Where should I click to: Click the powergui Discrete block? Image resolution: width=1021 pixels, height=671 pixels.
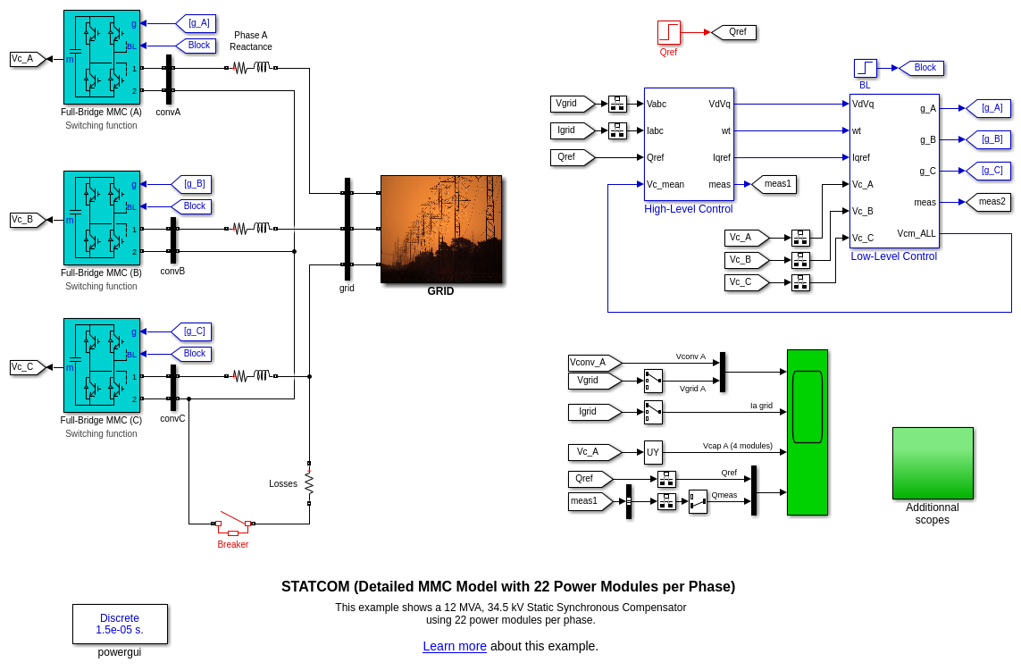tap(120, 624)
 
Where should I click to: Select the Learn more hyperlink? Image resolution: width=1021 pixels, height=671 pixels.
tap(455, 646)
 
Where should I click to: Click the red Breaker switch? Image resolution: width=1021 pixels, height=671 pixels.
tap(233, 524)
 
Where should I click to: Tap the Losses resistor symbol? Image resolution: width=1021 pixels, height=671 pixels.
tap(309, 483)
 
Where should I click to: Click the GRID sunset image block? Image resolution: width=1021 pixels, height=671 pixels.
tap(441, 229)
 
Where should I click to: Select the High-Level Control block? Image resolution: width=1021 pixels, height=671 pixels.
tap(689, 144)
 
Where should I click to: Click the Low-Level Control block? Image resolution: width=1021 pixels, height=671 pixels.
tap(893, 171)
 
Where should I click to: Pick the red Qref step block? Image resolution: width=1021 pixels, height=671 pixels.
tap(669, 32)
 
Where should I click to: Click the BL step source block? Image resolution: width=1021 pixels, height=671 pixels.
tap(865, 68)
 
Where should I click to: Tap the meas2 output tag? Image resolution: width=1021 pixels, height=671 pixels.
tap(990, 202)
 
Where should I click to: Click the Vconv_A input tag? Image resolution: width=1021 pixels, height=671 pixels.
tap(592, 363)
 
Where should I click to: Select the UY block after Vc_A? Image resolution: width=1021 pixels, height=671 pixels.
tap(653, 452)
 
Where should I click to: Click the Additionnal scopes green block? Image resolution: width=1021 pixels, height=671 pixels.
tap(933, 463)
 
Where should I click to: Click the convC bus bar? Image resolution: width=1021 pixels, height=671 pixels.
tap(173, 387)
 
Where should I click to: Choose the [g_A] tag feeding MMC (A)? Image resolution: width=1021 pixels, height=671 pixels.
tap(197, 23)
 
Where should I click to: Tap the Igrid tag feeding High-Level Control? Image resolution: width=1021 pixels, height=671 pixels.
tap(571, 130)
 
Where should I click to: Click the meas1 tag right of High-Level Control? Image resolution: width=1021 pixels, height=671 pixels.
tap(775, 184)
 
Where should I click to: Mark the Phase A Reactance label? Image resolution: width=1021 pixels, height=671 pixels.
tap(250, 41)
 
